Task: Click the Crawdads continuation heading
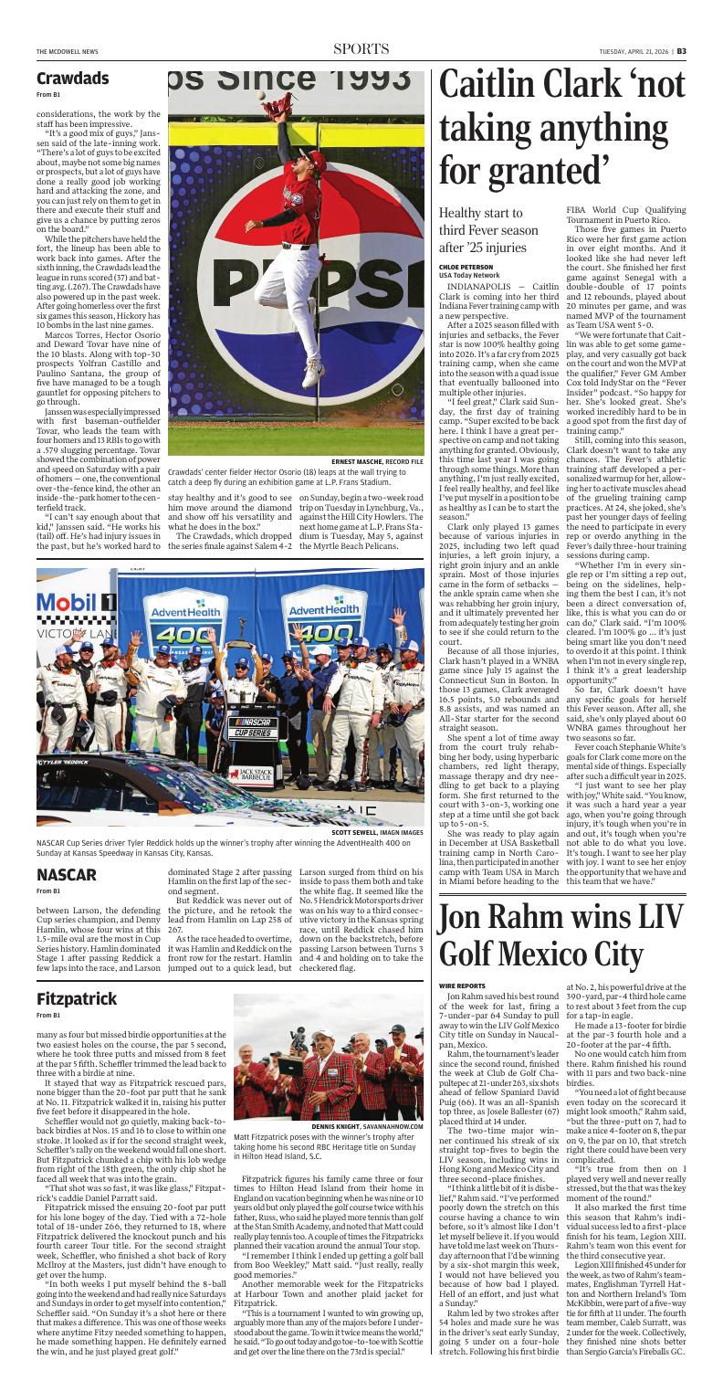point(73,79)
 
